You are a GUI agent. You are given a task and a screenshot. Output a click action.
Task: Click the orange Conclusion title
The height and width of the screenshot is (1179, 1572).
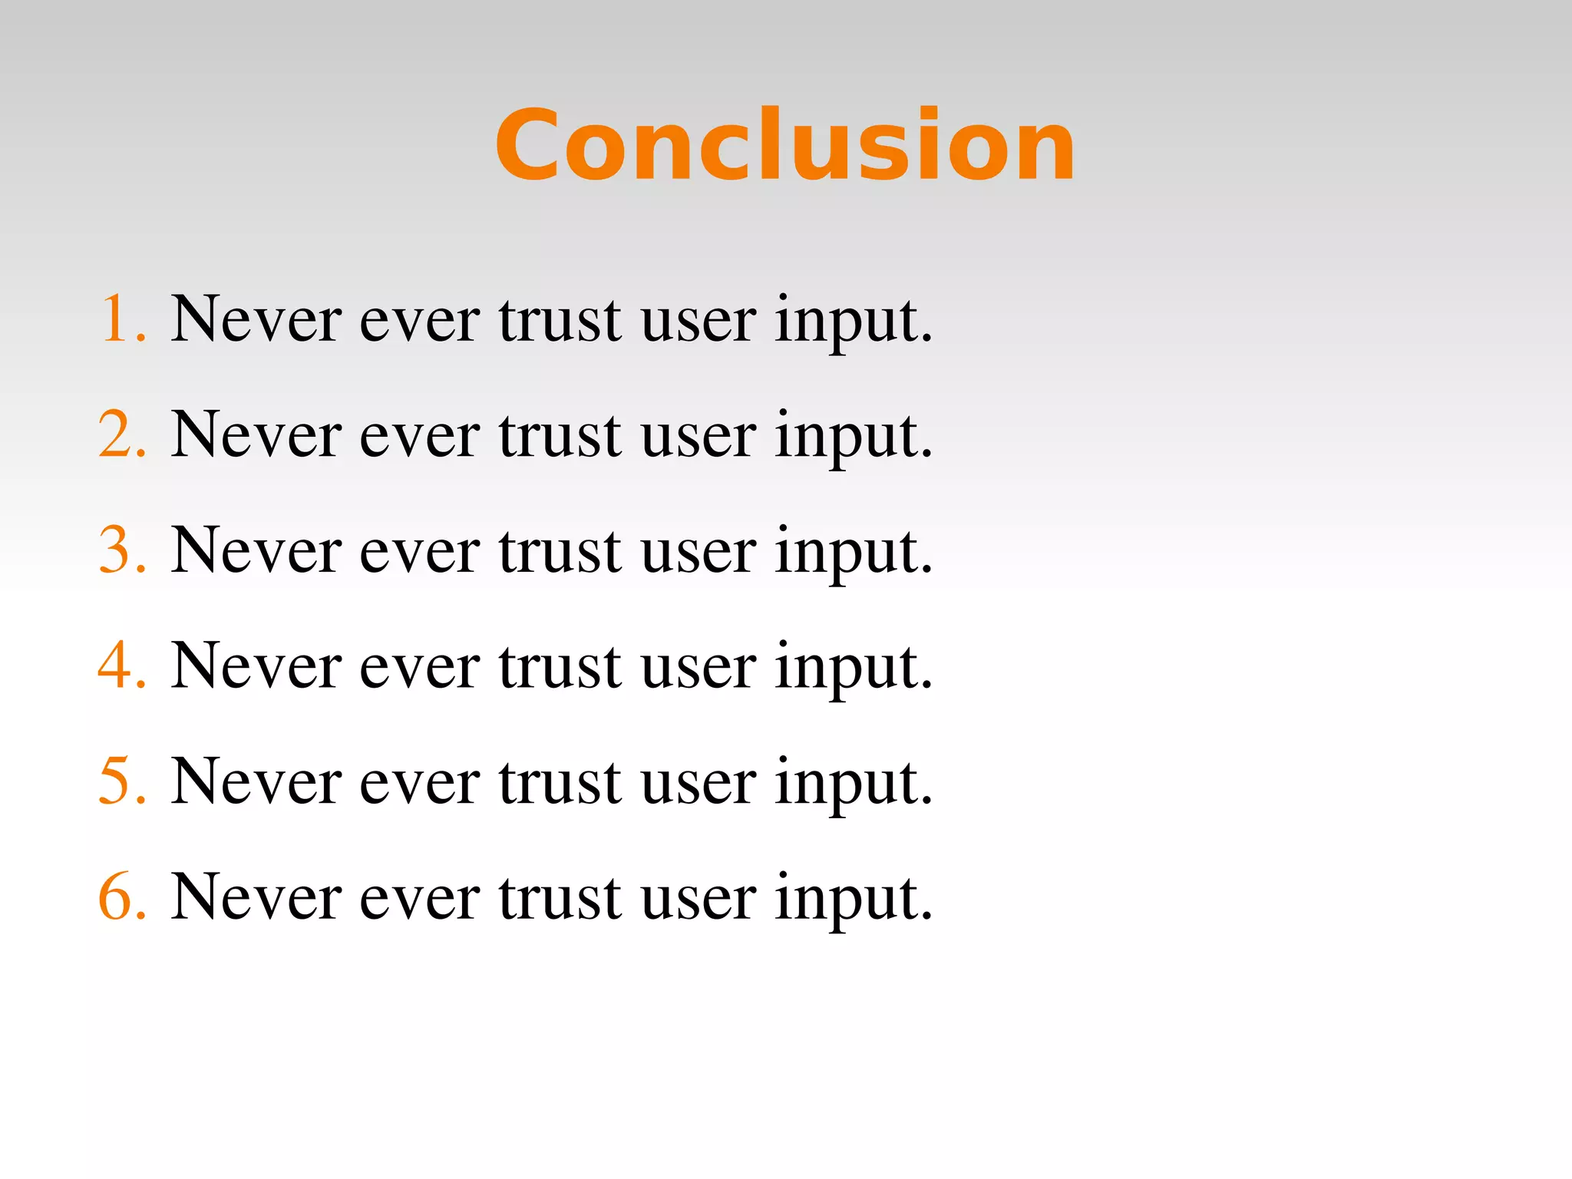784,146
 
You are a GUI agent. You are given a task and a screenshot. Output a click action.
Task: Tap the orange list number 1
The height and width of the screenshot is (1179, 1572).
115,319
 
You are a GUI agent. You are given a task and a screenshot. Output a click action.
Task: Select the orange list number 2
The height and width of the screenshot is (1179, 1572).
115,434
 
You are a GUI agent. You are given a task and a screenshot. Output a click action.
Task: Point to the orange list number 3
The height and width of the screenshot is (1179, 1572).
115,550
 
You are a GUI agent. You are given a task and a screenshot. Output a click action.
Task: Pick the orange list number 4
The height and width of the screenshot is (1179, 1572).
115,665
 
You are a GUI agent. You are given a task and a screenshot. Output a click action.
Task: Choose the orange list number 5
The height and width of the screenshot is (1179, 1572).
115,781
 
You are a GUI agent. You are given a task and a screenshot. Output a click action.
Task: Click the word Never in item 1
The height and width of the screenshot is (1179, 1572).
256,319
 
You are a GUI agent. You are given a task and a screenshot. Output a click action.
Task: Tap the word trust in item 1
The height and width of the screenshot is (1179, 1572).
560,319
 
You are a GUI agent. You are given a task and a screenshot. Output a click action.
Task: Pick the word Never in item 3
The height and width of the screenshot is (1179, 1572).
256,550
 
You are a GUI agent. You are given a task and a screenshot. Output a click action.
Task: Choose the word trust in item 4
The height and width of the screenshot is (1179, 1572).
560,665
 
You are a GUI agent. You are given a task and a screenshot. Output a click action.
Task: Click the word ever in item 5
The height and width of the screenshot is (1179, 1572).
420,783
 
